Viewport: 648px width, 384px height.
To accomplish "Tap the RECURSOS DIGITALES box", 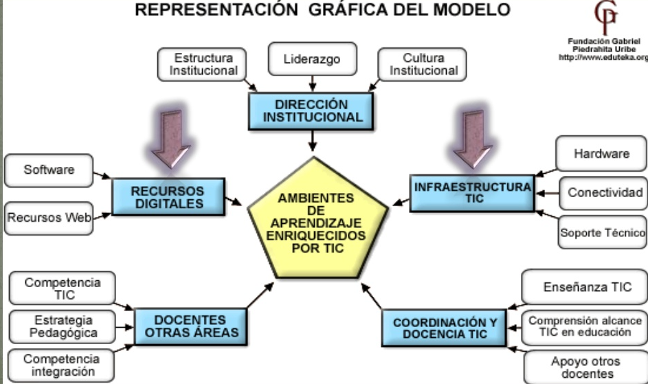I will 168,196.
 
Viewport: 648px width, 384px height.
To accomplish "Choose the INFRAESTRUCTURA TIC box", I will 472,192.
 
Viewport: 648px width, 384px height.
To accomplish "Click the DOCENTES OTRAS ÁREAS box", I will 190,326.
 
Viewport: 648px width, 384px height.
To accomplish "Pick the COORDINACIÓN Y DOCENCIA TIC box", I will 445,328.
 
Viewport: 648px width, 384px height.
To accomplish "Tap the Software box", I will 49,170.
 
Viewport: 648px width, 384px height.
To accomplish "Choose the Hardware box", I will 601,154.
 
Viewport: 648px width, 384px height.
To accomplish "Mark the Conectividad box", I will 604,192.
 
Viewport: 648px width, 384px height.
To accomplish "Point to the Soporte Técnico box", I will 603,232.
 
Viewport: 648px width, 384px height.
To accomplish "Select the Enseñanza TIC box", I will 584,287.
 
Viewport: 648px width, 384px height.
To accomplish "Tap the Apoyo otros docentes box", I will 585,368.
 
